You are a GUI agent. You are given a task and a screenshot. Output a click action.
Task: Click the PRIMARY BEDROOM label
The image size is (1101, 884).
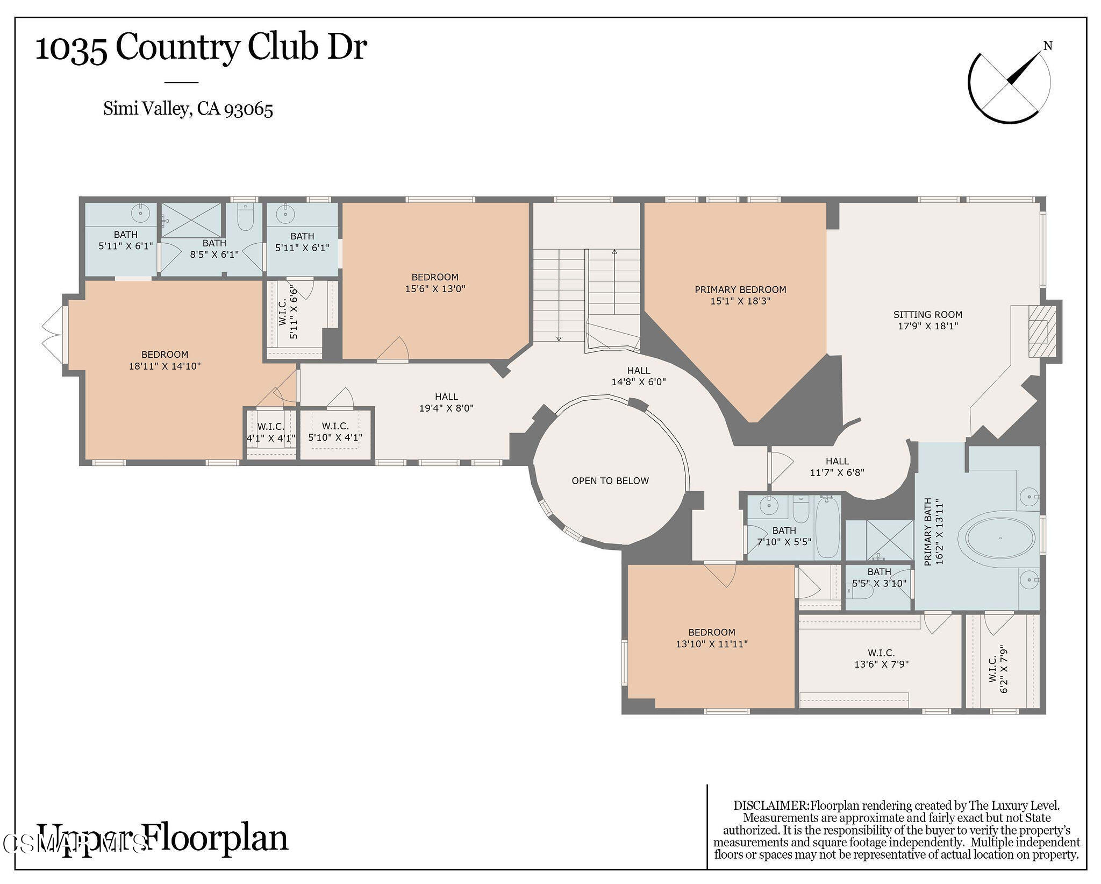click(740, 289)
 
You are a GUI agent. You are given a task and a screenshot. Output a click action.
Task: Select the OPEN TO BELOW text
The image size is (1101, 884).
click(610, 480)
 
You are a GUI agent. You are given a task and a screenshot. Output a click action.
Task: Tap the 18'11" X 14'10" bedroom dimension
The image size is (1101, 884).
click(165, 366)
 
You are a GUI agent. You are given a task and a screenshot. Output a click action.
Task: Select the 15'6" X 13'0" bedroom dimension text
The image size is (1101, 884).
click(435, 289)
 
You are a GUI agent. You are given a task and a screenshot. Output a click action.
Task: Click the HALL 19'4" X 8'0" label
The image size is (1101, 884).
click(446, 402)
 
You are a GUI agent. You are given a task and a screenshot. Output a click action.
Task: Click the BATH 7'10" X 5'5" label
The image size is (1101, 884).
click(784, 536)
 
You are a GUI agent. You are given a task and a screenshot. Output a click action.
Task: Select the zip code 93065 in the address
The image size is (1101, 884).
click(248, 109)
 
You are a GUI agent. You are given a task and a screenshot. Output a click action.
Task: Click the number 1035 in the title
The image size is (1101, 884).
click(71, 48)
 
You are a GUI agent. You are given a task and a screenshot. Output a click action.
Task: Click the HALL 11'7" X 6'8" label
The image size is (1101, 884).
click(837, 467)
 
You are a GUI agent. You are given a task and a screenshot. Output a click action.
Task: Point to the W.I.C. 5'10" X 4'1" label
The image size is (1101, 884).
click(335, 432)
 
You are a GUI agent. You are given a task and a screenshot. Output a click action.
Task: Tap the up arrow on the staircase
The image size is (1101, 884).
click(614, 252)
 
